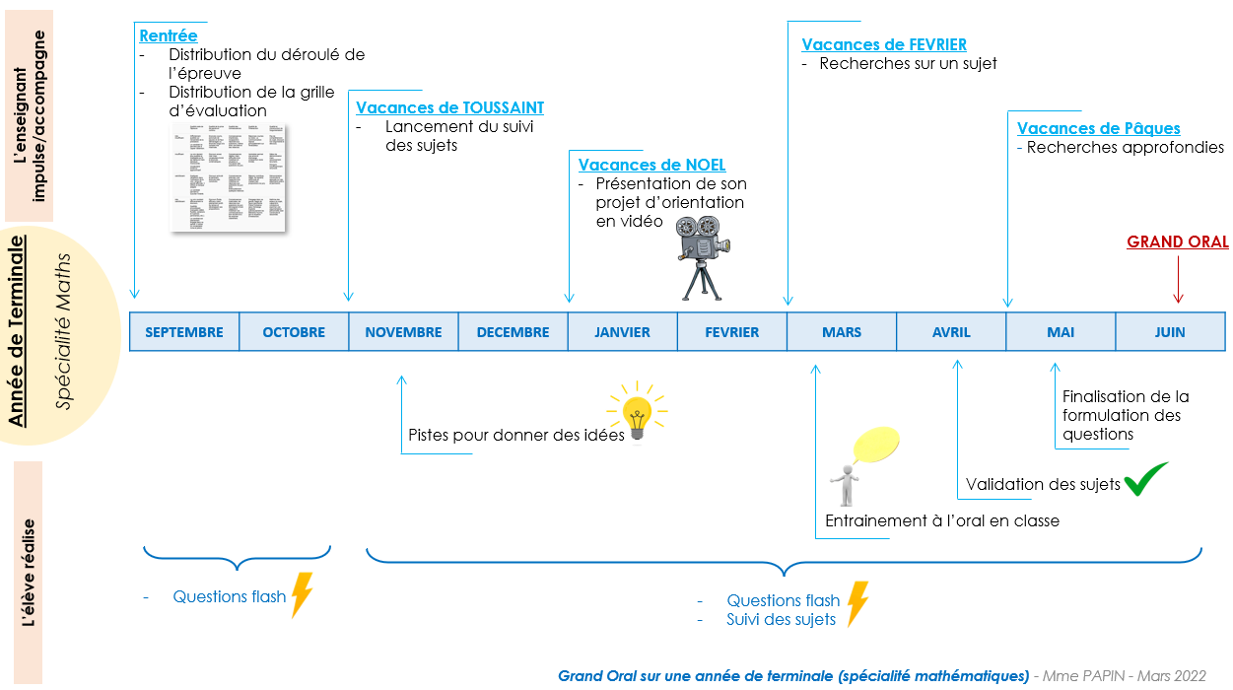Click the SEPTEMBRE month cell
pyautogui.click(x=184, y=332)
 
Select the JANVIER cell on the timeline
pyautogui.click(x=622, y=332)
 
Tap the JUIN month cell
pyautogui.click(x=1170, y=332)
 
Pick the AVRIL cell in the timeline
pyautogui.click(x=951, y=332)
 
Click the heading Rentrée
pyautogui.click(x=169, y=35)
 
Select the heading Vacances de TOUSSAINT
pyautogui.click(x=449, y=107)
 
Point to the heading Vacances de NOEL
pyautogui.click(x=651, y=165)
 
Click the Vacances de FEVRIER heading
pyautogui.click(x=884, y=44)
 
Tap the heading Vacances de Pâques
pyautogui.click(x=1098, y=128)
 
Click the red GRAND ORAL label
pyautogui.click(x=1178, y=241)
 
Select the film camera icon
pyautogui.click(x=701, y=254)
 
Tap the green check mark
pyautogui.click(x=1146, y=478)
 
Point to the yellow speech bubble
pyautogui.click(x=876, y=445)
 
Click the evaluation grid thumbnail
pyautogui.click(x=228, y=177)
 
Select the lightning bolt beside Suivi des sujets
pyautogui.click(x=857, y=603)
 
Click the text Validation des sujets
pyautogui.click(x=1043, y=484)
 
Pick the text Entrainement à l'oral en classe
pyautogui.click(x=941, y=520)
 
